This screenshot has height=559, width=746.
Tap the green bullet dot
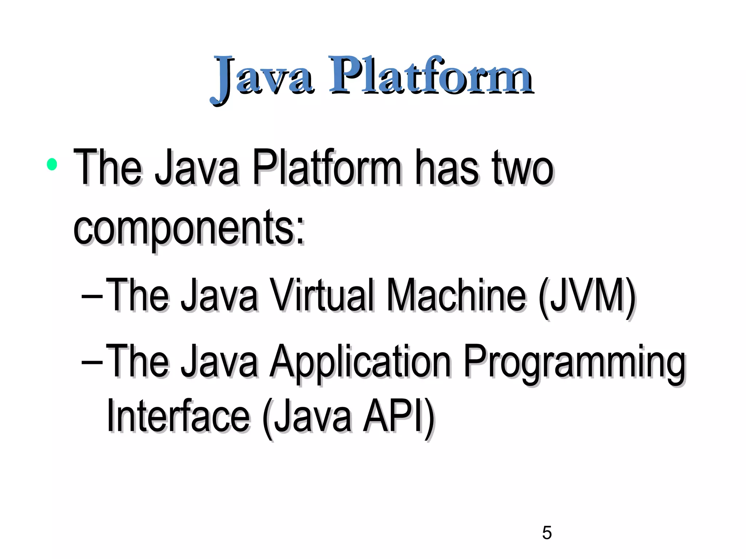pos(52,164)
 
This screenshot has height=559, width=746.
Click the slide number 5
pos(547,533)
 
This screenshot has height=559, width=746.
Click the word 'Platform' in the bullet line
pos(326,168)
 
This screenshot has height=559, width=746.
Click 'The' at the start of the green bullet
pos(108,168)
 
